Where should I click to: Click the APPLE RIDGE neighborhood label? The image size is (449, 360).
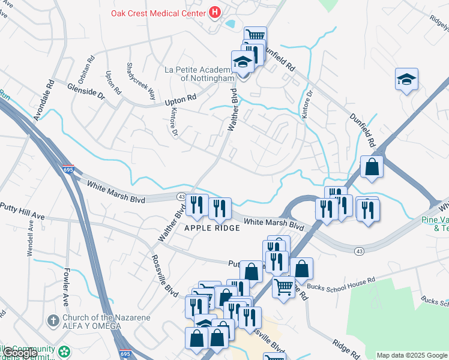(212, 228)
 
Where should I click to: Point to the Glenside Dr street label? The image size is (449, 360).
(86, 90)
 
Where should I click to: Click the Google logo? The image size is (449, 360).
(20, 353)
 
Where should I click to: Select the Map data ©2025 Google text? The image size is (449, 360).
(412, 355)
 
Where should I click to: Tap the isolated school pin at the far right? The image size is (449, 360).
(406, 80)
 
